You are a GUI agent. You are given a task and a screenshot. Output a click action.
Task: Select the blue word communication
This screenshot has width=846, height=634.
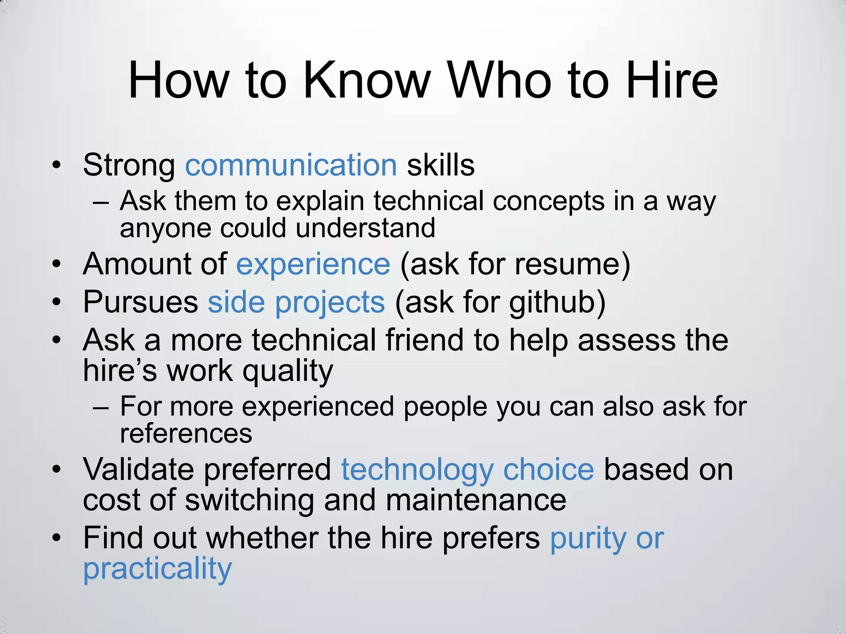coord(291,165)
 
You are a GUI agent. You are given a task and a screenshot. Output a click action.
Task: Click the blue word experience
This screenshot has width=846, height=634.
coord(313,265)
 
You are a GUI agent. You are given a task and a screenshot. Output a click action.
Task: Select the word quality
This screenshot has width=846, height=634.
coord(288,371)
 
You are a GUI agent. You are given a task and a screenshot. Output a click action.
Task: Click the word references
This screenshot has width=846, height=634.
coord(186,433)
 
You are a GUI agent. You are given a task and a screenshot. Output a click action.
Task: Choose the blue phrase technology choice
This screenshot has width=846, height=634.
coord(467,470)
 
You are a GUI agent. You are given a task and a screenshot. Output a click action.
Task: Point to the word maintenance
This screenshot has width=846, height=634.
coord(476,500)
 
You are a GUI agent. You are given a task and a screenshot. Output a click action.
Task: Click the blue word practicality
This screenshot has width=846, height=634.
coord(157,569)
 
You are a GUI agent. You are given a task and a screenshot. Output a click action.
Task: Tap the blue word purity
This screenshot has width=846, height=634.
coord(588,539)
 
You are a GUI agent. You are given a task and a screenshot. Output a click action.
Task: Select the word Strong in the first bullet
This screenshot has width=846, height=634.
coord(129,165)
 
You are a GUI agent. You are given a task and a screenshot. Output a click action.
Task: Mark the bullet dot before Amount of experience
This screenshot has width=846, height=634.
coord(57,265)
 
